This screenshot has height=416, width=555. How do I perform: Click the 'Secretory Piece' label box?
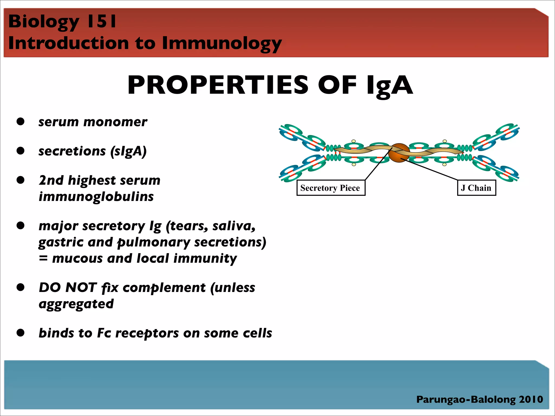point(331,188)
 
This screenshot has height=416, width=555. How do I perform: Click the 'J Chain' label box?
point(476,188)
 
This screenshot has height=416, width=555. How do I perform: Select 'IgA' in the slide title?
point(389,86)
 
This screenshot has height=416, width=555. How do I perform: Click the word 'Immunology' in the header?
point(222,43)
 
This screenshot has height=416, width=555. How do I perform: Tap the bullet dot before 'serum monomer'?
point(21,121)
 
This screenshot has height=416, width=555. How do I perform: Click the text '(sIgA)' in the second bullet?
point(128,151)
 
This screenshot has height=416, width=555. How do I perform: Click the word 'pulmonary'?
point(153,242)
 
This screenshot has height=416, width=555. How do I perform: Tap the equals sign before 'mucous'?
point(43,259)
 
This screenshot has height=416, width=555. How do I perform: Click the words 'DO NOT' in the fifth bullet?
point(68,288)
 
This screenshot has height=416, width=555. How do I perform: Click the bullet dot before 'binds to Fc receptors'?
point(21,333)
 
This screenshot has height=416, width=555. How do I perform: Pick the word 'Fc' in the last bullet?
point(104,333)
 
